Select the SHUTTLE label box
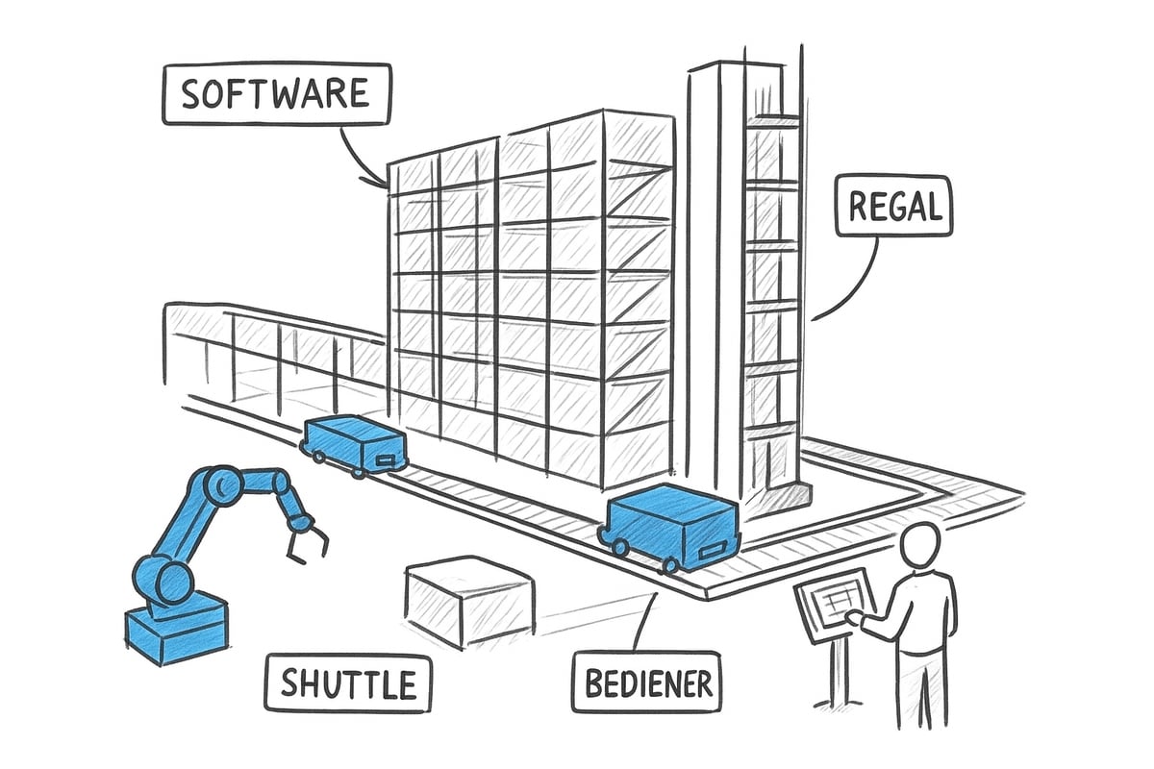[x=348, y=683]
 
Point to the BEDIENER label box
[x=645, y=683]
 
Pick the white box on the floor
[x=468, y=603]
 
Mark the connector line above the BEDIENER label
[x=642, y=625]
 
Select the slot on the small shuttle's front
[x=385, y=459]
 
